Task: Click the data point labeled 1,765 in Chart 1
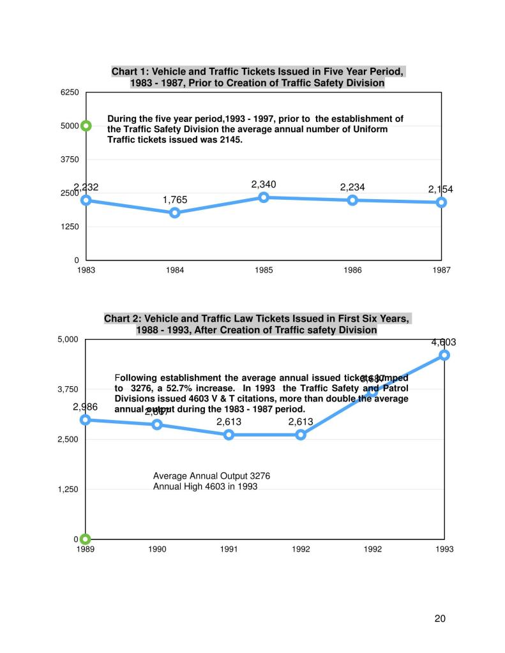pyautogui.click(x=175, y=213)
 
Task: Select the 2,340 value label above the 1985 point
pyautogui.click(x=263, y=184)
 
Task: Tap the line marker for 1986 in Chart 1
pyautogui.click(x=352, y=200)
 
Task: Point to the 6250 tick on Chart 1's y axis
pyautogui.click(x=70, y=93)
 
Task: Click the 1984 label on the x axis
pyautogui.click(x=175, y=271)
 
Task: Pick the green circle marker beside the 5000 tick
pyautogui.click(x=86, y=126)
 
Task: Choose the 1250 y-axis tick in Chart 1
pyautogui.click(x=70, y=227)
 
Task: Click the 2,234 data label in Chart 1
pyautogui.click(x=352, y=187)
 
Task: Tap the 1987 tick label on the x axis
pyautogui.click(x=441, y=271)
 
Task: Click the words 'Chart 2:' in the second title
pyautogui.click(x=124, y=319)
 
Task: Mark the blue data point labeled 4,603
pyautogui.click(x=444, y=355)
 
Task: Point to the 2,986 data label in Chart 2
pyautogui.click(x=85, y=407)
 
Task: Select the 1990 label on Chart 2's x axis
pyautogui.click(x=158, y=550)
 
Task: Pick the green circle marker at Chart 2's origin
pyautogui.click(x=86, y=539)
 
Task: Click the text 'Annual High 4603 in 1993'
pyautogui.click(x=205, y=486)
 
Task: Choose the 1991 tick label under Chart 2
pyautogui.click(x=229, y=550)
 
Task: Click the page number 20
pyautogui.click(x=440, y=618)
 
